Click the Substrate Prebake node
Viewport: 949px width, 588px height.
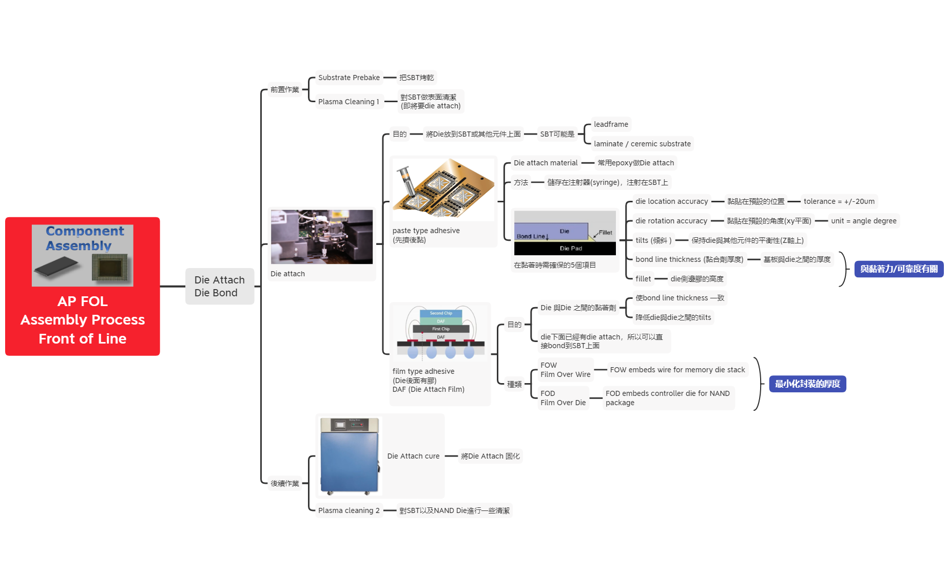tap(348, 78)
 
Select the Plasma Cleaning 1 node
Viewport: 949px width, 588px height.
tap(348, 102)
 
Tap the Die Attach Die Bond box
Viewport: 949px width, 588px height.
tap(219, 286)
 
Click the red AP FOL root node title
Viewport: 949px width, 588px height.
tap(83, 319)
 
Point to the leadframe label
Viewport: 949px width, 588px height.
tap(610, 124)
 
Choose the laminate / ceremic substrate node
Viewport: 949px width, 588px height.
tap(642, 144)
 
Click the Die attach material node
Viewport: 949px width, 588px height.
tap(545, 163)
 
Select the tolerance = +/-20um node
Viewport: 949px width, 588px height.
tap(839, 201)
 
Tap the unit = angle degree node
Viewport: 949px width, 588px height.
tap(863, 221)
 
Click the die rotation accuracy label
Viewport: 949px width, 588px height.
tap(671, 221)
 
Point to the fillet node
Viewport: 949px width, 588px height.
tap(643, 279)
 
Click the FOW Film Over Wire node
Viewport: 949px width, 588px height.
tap(565, 370)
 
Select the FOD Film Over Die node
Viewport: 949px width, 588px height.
tap(563, 398)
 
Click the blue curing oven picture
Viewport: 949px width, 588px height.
tap(349, 456)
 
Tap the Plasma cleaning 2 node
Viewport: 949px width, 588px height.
tap(348, 510)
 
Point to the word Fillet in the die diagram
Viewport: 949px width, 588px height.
tap(605, 233)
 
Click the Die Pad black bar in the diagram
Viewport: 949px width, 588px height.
tap(565, 249)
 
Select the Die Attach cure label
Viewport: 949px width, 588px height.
tap(413, 456)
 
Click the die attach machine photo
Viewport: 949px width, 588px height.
tap(322, 237)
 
